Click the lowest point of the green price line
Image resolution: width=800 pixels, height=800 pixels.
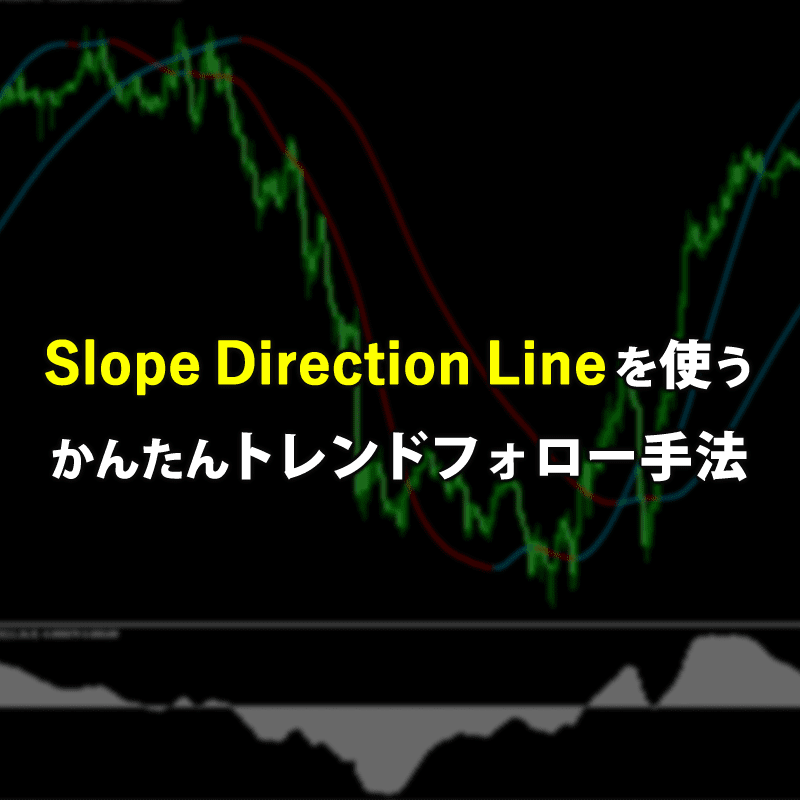point(551,601)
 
